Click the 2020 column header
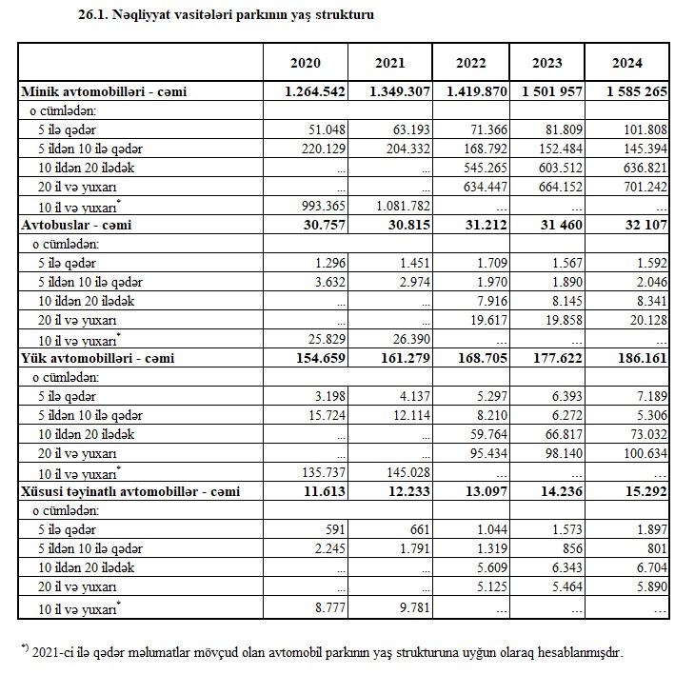click(x=305, y=63)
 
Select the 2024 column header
click(x=626, y=63)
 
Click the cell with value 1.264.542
click(x=313, y=91)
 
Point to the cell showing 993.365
click(x=320, y=206)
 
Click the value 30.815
click(x=406, y=225)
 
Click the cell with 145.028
click(x=406, y=472)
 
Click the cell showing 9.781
click(x=412, y=606)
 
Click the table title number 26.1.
click(x=94, y=16)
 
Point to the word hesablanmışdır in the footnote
click(x=572, y=652)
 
